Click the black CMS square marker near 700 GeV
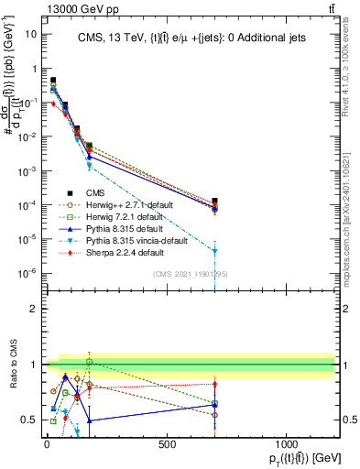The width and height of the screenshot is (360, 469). [x=214, y=201]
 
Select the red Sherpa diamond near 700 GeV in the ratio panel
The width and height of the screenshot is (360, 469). [x=214, y=385]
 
